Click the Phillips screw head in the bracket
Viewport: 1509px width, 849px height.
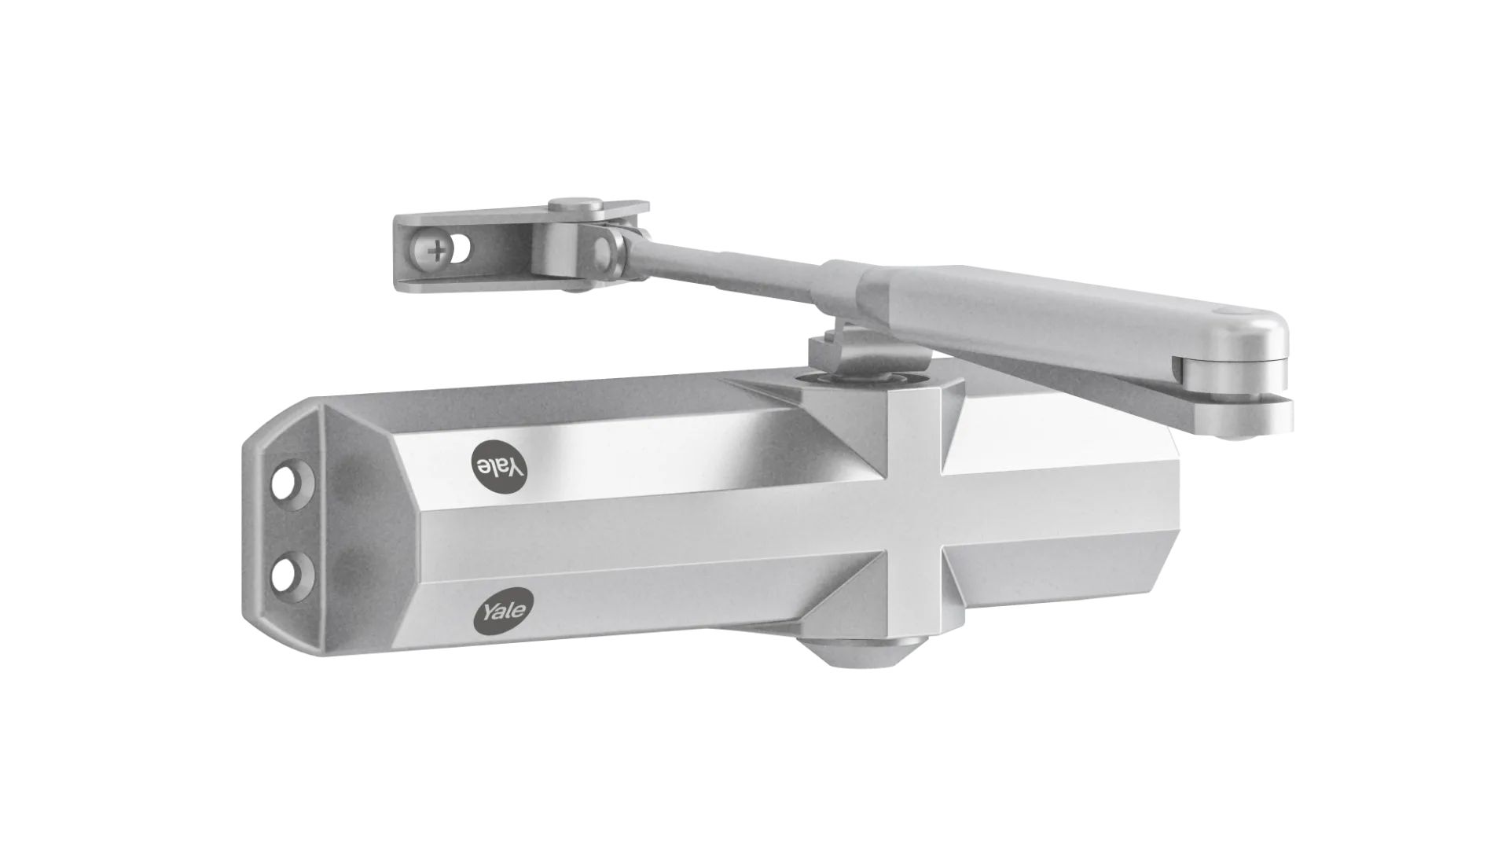click(434, 252)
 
